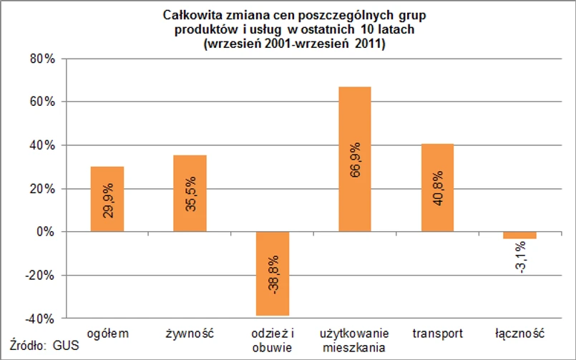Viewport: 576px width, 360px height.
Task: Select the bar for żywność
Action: pos(190,193)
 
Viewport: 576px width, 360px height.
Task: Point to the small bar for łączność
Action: pos(520,235)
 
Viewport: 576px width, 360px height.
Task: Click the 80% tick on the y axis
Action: pos(42,59)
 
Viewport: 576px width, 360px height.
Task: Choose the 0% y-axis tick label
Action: pos(44,232)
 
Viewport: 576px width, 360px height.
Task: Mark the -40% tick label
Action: pos(40,318)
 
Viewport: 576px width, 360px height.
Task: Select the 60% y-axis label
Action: pos(42,102)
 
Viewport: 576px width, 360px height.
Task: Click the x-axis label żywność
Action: pos(190,334)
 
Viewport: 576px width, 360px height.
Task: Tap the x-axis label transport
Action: pos(438,334)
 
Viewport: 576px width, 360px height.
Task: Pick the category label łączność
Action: pos(520,334)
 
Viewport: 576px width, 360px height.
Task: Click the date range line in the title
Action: pos(295,44)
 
